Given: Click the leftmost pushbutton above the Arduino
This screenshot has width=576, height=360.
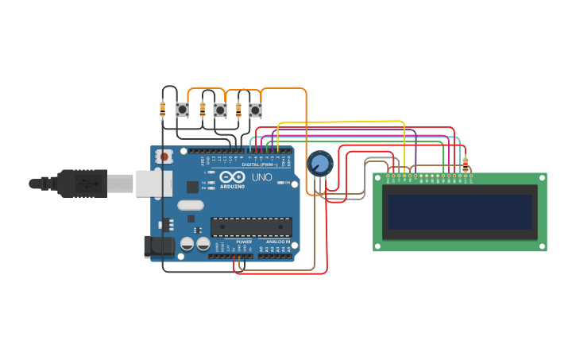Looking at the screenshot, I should click(x=182, y=110).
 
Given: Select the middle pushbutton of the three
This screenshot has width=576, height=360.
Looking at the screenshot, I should click(x=219, y=110).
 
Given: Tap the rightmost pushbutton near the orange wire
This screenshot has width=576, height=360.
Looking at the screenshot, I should click(x=254, y=110).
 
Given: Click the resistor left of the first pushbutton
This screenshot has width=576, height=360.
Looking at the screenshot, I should click(x=163, y=109).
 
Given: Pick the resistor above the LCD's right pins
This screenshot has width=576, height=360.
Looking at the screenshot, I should click(x=466, y=164).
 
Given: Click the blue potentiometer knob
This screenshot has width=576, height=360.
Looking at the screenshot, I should click(x=319, y=164).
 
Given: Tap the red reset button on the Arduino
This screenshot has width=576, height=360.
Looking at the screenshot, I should click(x=164, y=157).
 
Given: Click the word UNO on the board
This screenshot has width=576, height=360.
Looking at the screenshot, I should click(x=262, y=177).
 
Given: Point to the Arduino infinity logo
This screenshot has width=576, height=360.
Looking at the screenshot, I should click(x=233, y=177).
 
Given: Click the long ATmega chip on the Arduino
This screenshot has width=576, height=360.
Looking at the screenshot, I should click(x=250, y=226).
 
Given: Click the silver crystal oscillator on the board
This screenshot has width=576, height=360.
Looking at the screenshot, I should click(x=191, y=205).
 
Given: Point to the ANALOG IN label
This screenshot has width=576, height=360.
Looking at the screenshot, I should click(x=277, y=242).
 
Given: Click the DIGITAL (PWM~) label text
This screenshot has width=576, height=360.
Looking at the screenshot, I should click(x=263, y=165).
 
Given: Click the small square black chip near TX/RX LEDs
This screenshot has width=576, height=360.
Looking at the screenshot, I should click(x=192, y=187).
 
